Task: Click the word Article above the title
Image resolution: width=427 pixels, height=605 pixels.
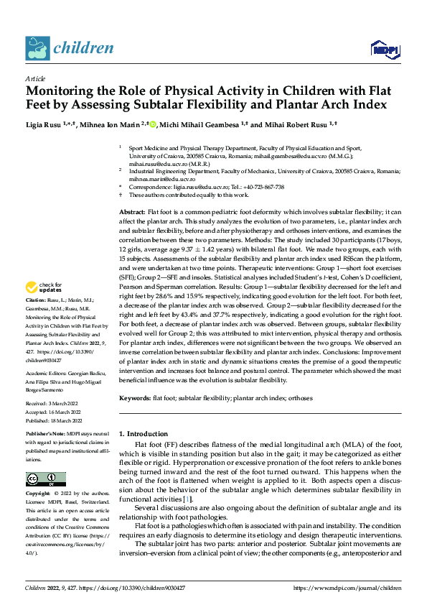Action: coord(35,78)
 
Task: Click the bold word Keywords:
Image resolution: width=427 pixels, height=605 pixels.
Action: coord(134,397)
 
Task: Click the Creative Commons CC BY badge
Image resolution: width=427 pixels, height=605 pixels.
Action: coord(45,479)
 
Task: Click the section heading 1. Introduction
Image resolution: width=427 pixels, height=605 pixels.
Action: coord(143,434)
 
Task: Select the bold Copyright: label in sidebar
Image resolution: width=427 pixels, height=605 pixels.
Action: coord(38,494)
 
